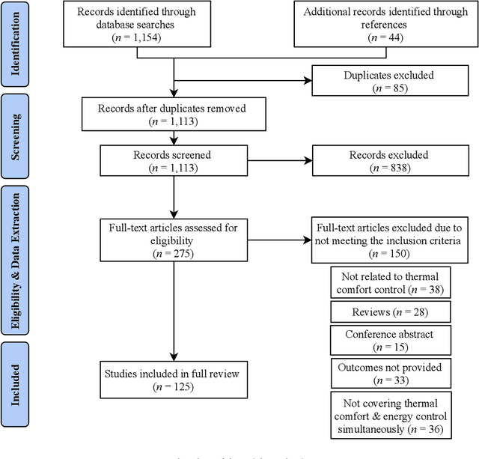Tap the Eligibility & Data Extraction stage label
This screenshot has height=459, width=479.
pos(16,261)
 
